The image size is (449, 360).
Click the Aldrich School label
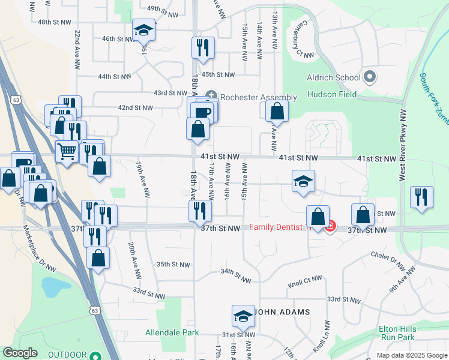coord(334,77)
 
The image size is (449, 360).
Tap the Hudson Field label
coord(331,94)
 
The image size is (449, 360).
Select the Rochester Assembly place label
coord(258,97)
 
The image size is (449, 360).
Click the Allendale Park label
coord(172,332)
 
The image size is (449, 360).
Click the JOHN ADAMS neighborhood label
coord(283,312)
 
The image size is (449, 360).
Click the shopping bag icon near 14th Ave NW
coord(277,111)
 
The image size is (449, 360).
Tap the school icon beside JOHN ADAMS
coord(243,316)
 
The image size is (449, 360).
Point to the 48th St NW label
coord(53,22)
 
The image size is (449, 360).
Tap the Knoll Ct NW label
coord(305,280)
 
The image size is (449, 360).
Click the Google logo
coord(20,353)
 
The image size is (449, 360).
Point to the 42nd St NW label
coord(135,108)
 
